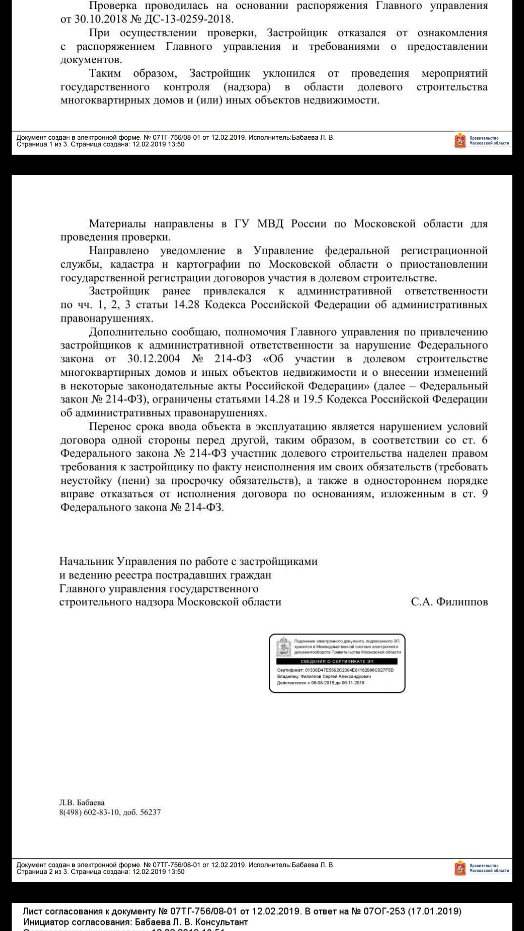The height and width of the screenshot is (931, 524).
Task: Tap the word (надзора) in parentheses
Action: coord(247,87)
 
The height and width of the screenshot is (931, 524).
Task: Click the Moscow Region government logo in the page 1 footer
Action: coord(459,141)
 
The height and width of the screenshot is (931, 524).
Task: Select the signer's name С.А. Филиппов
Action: coord(449,602)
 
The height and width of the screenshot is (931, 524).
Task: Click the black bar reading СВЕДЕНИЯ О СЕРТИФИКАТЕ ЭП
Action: coord(337,661)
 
